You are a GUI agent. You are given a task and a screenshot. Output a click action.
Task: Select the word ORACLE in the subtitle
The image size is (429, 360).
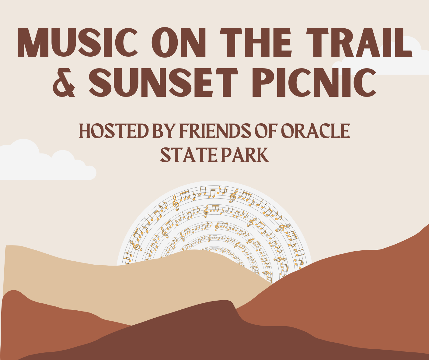click(x=315, y=131)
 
